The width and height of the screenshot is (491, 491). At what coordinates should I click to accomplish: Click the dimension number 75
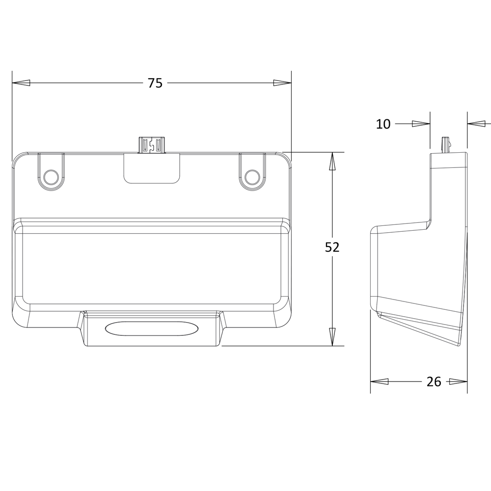click(x=155, y=83)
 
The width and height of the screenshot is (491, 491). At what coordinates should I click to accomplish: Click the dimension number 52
click(x=332, y=247)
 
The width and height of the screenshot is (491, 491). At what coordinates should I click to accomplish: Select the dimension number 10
click(x=383, y=124)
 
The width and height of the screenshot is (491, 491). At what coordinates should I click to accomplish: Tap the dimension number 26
click(x=434, y=382)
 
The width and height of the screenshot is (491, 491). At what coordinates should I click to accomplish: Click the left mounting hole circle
click(x=51, y=178)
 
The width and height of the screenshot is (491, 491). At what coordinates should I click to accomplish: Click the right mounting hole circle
click(x=252, y=178)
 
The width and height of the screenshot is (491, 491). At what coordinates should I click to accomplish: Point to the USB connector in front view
click(x=152, y=145)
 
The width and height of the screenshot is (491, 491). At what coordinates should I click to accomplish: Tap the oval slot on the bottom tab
click(x=152, y=329)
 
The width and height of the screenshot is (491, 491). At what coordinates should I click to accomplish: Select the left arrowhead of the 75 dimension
click(x=21, y=83)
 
